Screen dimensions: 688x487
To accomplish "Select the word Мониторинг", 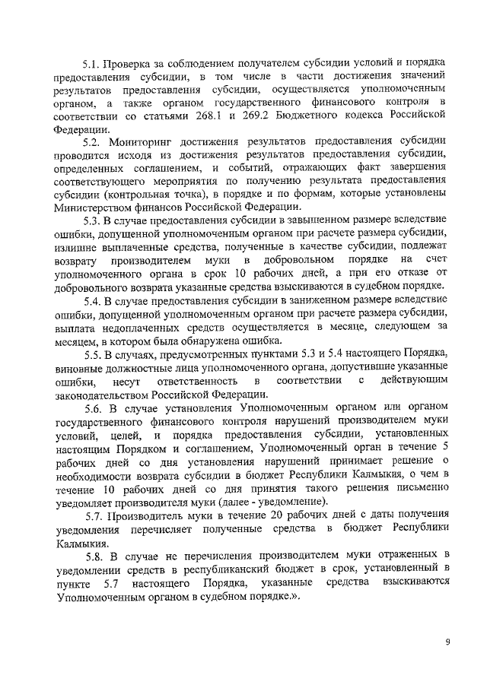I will [x=142, y=142].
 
